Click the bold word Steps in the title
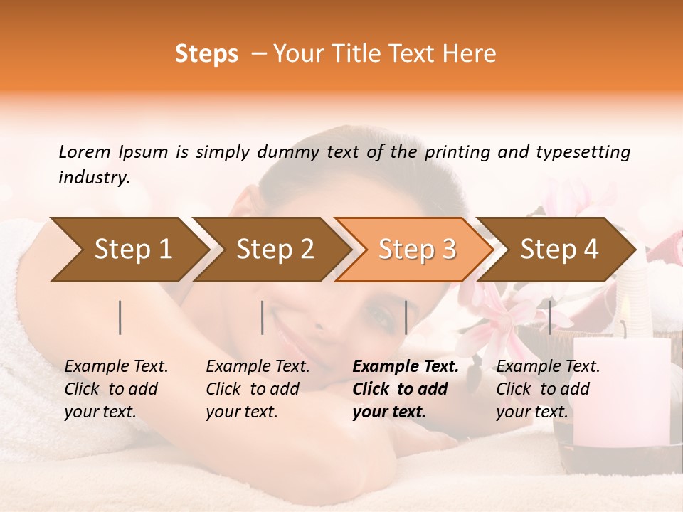pyautogui.click(x=206, y=54)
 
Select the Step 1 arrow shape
pyautogui.click(x=128, y=250)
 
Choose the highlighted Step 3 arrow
pyautogui.click(x=416, y=250)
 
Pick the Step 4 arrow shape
pyautogui.click(x=558, y=250)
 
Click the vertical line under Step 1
pyautogui.click(x=120, y=317)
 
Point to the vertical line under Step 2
pyautogui.click(x=263, y=317)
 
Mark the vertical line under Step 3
pyautogui.click(x=406, y=317)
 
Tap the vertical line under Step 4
pyautogui.click(x=549, y=317)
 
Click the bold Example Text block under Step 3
pyautogui.click(x=406, y=389)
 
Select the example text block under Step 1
pyautogui.click(x=116, y=389)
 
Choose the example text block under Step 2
pyautogui.click(x=258, y=389)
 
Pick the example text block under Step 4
pyautogui.click(x=548, y=389)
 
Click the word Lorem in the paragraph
pyautogui.click(x=84, y=151)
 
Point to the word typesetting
pyautogui.click(x=583, y=151)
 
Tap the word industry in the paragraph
pyautogui.click(x=93, y=177)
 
